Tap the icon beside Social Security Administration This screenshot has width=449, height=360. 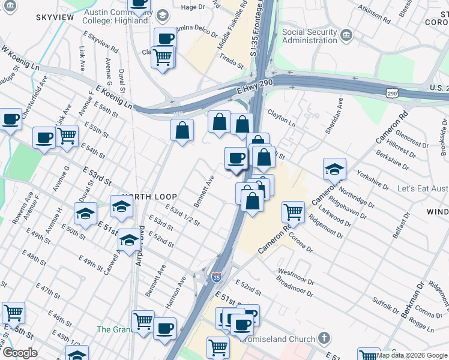tap(346, 35)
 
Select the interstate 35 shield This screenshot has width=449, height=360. tap(217, 277)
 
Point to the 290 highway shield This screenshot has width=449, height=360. tap(392, 94)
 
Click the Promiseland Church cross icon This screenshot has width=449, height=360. tap(325, 338)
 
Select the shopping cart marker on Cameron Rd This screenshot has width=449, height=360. tap(292, 211)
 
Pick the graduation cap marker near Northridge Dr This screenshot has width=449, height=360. tap(334, 169)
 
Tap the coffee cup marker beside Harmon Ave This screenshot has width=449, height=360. tap(164, 329)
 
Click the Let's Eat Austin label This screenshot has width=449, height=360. tap(423, 188)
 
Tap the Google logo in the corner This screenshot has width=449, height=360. tap(20, 353)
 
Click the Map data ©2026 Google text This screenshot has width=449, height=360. tap(411, 355)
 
